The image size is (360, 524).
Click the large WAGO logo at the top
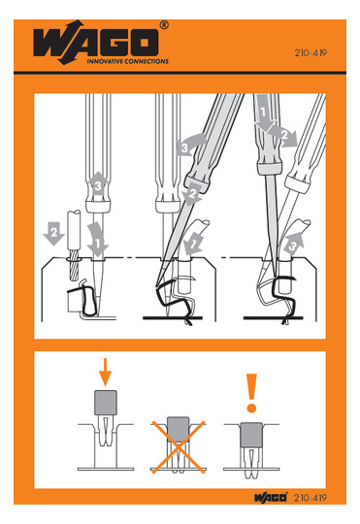96,43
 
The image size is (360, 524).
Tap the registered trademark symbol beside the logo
164,25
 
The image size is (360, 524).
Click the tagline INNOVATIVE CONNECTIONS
128,61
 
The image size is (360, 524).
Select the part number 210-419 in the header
311,52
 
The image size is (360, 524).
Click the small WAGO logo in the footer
271,497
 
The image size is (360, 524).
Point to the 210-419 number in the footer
311,498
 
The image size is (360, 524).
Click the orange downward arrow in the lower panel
105,372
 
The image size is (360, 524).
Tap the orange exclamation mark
251,393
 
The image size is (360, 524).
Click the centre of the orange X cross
179,447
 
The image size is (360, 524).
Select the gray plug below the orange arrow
106,403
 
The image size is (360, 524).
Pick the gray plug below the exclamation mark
251,435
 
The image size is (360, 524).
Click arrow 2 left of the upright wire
53,233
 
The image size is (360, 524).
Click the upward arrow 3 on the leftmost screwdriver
98,184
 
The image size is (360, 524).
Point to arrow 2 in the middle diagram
193,194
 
